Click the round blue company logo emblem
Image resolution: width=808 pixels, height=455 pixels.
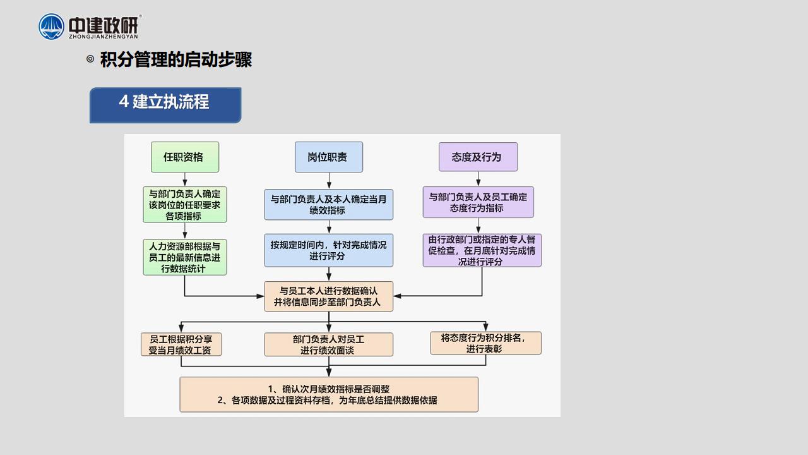51,27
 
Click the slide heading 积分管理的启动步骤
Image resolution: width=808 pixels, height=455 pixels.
176,59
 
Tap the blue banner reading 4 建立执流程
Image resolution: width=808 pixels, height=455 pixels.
165,105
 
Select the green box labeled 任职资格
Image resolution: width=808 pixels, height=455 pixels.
185,157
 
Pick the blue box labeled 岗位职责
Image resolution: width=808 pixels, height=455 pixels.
329,157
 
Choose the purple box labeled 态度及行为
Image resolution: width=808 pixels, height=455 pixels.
478,157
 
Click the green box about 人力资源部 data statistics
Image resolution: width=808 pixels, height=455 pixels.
185,257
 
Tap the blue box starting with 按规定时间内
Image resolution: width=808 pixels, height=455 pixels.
329,250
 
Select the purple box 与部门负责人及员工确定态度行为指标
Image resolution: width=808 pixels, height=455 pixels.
478,202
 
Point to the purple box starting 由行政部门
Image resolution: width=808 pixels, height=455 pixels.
482,250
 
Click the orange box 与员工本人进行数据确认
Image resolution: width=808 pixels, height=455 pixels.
329,296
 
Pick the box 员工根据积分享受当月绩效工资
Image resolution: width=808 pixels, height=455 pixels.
181,344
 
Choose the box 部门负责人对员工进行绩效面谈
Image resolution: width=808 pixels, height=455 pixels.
329,344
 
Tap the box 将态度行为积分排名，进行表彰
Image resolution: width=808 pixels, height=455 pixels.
485,343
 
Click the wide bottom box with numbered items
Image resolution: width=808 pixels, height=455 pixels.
329,394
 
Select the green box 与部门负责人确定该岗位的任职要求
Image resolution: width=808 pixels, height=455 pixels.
185,204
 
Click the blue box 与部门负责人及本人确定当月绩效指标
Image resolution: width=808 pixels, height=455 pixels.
329,204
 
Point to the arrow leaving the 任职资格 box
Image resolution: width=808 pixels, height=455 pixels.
185,179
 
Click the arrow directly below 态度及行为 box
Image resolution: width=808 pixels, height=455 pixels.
478,179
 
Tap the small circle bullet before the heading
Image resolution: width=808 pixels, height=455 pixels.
90,59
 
